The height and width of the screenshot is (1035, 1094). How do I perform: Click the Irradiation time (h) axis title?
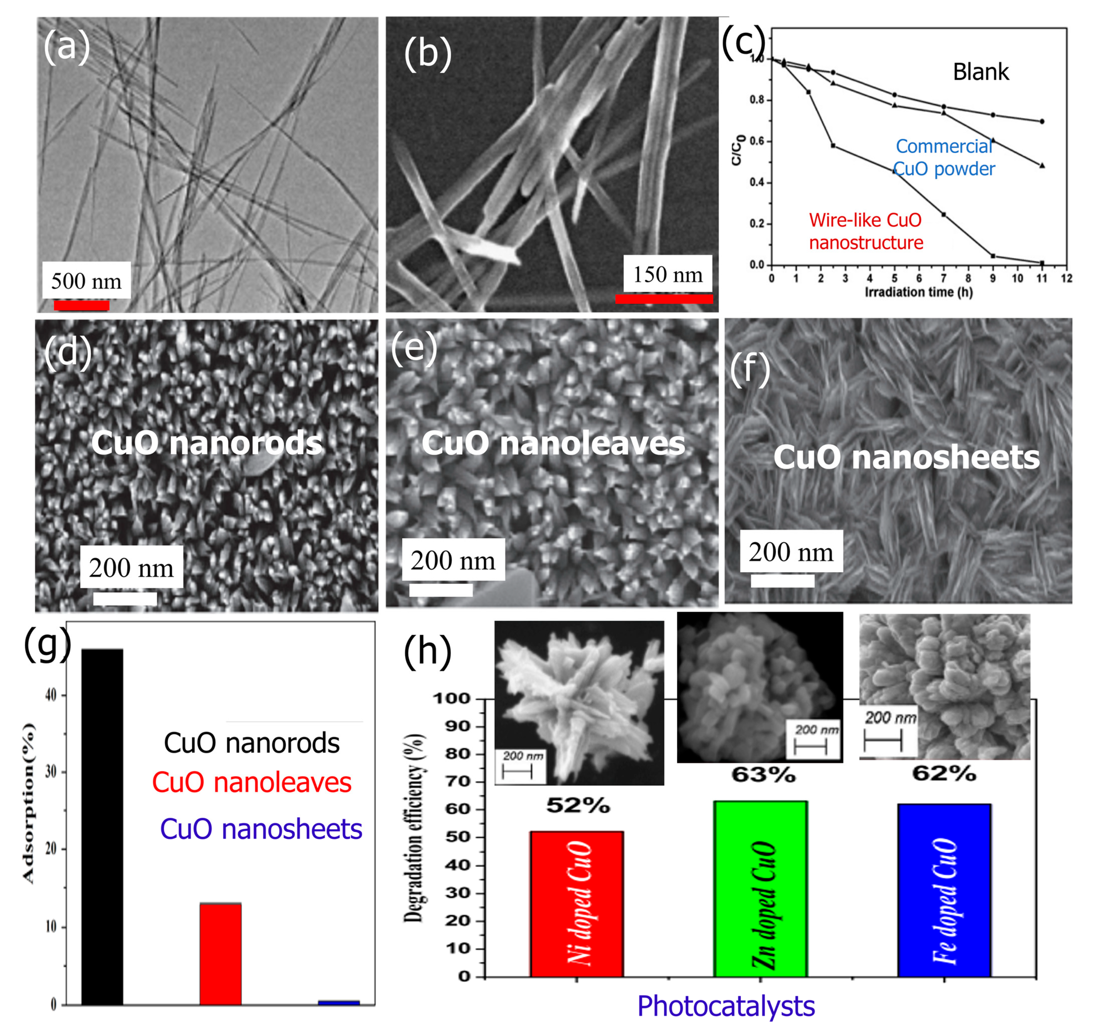918,292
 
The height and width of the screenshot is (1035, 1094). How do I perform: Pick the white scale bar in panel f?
782,580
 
